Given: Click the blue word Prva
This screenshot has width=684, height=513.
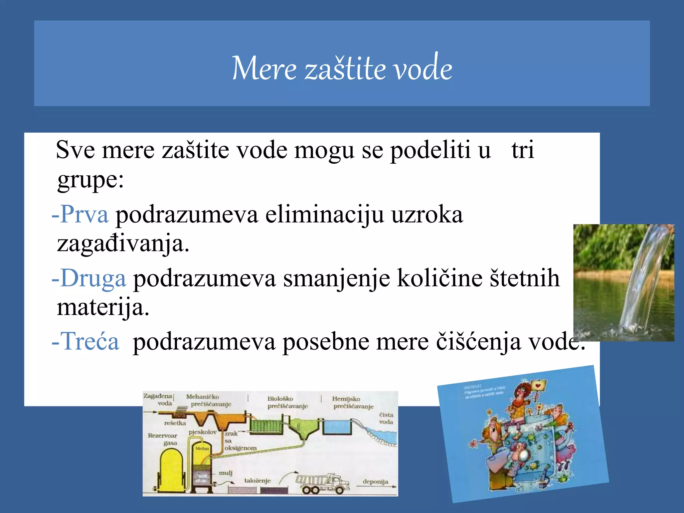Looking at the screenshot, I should [x=84, y=214].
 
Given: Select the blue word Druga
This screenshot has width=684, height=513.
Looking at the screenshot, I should [x=93, y=278].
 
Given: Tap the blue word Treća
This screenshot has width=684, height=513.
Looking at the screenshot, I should [x=90, y=341].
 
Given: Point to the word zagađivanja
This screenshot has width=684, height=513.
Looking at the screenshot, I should [x=123, y=244].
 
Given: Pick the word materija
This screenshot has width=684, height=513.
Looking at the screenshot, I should [x=102, y=307].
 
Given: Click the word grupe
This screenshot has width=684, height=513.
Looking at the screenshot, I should [x=90, y=180].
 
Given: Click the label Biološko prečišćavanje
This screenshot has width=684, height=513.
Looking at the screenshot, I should [x=287, y=402].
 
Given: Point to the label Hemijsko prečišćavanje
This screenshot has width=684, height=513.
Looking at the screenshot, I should [x=353, y=402].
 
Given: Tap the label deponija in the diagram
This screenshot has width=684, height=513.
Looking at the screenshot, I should [x=375, y=482].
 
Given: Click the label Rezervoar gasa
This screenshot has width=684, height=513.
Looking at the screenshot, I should [x=163, y=439].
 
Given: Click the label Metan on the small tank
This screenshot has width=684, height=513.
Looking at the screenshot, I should [x=202, y=449].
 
